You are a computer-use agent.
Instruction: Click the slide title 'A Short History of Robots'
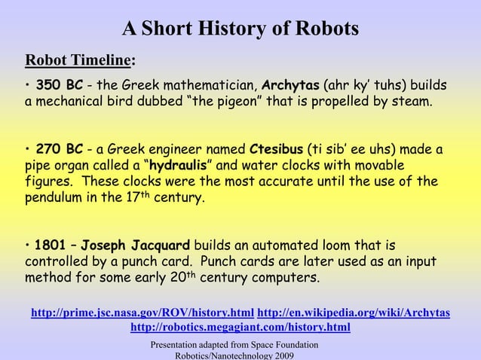pos(240,29)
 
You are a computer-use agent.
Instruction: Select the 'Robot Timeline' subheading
pos(78,60)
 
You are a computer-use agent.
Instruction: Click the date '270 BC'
pos(59,149)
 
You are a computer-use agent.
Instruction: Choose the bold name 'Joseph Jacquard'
pos(136,246)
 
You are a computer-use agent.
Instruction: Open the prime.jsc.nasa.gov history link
pos(142,313)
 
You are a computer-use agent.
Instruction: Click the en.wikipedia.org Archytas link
pos(354,313)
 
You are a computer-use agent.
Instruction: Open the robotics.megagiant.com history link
pos(240,328)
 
